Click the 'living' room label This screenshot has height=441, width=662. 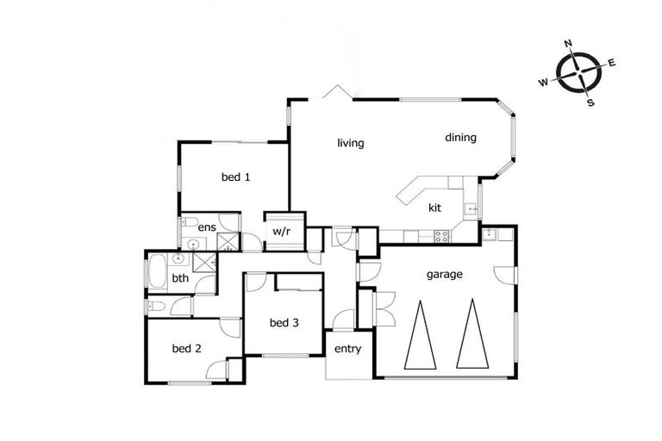click(x=351, y=143)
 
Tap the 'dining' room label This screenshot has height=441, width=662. click(x=460, y=137)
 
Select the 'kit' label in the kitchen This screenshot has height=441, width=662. click(x=435, y=208)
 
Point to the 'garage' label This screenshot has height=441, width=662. click(x=445, y=275)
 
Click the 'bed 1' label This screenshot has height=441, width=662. click(x=235, y=177)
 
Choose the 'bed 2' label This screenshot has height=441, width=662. click(x=186, y=349)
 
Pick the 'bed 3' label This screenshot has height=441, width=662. click(x=284, y=323)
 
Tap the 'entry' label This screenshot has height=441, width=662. click(x=347, y=349)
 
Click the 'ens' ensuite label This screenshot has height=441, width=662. click(x=207, y=227)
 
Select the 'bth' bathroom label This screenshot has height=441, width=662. click(x=180, y=278)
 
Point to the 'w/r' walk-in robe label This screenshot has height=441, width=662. click(x=281, y=232)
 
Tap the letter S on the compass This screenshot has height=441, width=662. click(x=590, y=102)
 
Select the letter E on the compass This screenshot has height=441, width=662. click(x=612, y=62)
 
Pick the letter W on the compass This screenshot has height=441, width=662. click(x=543, y=83)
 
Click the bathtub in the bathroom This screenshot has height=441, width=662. click(x=158, y=273)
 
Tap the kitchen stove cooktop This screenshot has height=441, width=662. click(x=440, y=234)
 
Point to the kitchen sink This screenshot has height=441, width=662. click(x=472, y=208)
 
